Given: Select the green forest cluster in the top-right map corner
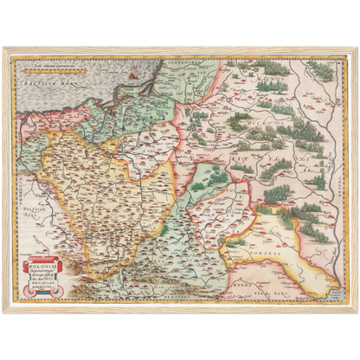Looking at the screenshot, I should (x=321, y=70).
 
